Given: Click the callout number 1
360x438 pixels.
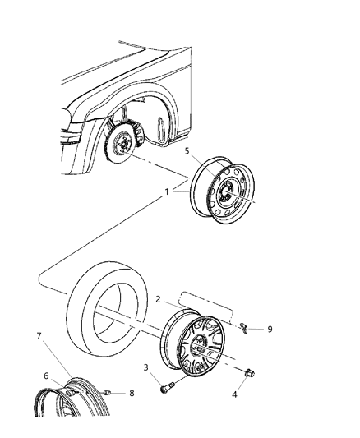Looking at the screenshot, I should tap(168, 194).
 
